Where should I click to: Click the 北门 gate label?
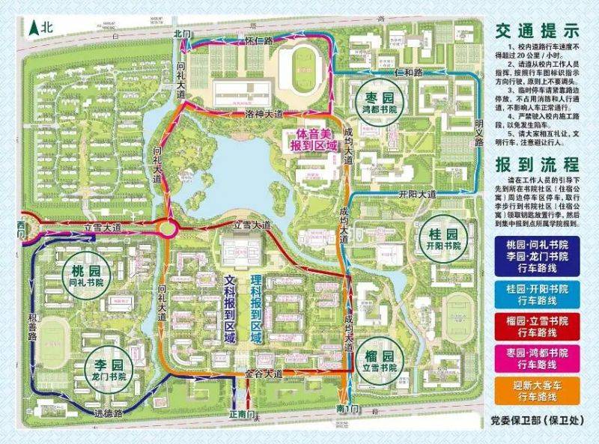[x=183, y=34]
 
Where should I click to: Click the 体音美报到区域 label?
[x=309, y=139]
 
